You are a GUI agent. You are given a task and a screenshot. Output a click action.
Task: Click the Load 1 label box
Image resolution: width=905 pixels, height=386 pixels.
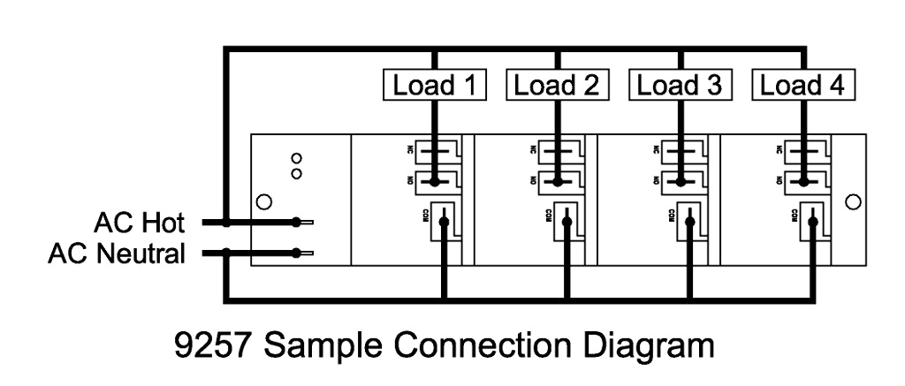click(435, 85)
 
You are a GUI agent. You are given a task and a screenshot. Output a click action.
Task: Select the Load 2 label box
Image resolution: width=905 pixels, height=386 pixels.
click(557, 85)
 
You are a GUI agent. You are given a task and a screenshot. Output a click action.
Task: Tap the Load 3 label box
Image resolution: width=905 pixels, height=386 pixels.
click(680, 85)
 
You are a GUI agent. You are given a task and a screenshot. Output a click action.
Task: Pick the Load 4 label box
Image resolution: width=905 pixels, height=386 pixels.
click(802, 85)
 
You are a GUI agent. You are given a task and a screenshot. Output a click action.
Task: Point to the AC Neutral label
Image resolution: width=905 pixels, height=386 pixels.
click(117, 254)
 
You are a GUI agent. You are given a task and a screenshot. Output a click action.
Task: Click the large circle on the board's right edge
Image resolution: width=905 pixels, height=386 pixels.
click(853, 202)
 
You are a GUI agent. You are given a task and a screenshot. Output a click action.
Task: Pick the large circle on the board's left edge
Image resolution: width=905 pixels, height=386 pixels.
click(262, 202)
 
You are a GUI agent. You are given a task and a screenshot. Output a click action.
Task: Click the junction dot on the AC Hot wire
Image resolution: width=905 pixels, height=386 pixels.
click(227, 223)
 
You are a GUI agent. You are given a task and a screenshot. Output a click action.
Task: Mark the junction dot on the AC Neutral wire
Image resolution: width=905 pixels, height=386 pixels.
click(227, 254)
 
